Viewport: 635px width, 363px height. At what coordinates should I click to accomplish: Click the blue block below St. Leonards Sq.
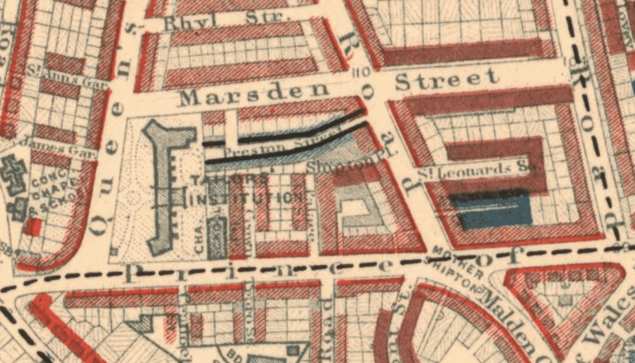click(494, 210)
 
